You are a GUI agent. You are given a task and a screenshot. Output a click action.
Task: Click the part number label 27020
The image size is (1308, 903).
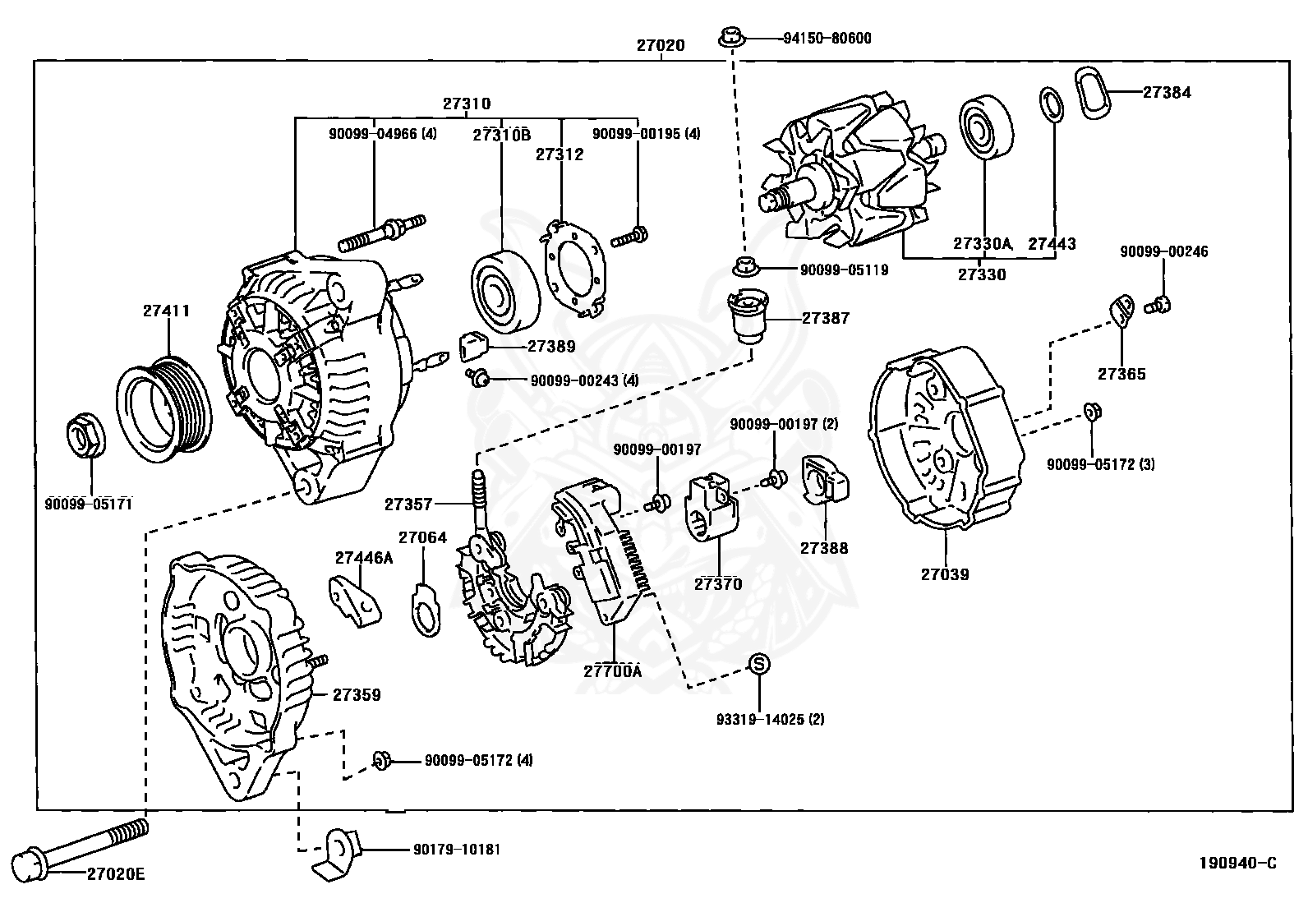click(661, 45)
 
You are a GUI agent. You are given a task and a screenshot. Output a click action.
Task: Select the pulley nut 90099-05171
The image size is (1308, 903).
click(85, 434)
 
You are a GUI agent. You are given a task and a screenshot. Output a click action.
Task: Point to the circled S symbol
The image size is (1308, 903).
click(758, 664)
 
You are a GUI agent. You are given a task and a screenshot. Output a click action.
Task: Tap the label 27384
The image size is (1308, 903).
click(1167, 92)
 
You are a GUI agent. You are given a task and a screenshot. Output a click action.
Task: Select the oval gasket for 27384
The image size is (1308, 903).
click(1093, 94)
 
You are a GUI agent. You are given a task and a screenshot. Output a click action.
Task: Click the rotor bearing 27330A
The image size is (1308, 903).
click(986, 127)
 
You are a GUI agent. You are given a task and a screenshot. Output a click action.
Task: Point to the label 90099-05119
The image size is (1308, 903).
click(844, 270)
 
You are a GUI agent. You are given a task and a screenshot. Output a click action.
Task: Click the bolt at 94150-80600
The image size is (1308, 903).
click(731, 37)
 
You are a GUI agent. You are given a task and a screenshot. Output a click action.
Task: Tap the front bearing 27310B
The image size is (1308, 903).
click(505, 292)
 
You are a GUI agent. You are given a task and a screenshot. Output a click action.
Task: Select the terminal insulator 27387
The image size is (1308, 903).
click(748, 317)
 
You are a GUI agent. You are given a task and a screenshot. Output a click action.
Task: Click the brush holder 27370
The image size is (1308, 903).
click(713, 506)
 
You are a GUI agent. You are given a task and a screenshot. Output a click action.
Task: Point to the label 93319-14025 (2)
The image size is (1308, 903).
click(770, 719)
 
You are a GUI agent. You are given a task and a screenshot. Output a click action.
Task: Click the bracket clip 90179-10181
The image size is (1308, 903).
click(335, 854)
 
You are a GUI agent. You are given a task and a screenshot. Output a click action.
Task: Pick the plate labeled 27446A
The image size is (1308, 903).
click(355, 601)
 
